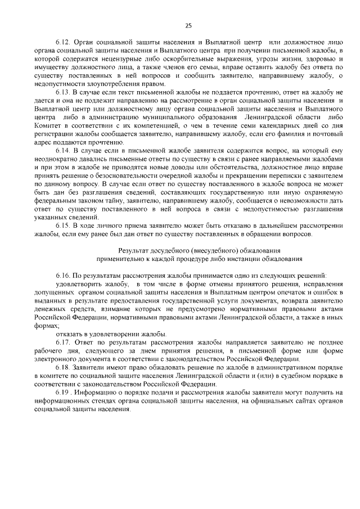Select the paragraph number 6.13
click(62, 91)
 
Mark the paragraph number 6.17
click(62, 343)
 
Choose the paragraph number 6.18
click(62, 367)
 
